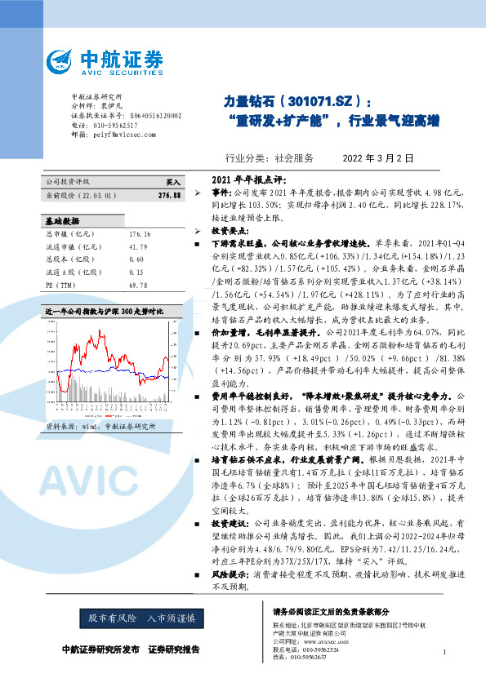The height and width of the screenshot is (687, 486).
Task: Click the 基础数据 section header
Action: click(x=62, y=220)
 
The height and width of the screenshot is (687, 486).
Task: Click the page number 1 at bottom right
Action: click(x=444, y=651)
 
